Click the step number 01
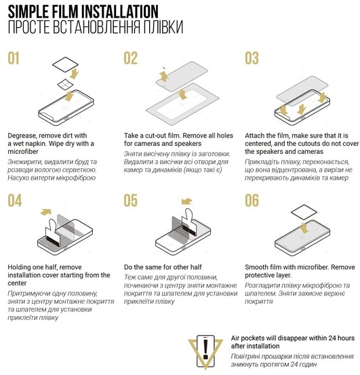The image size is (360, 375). pyautogui.click(x=14, y=58)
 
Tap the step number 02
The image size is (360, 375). pyautogui.click(x=131, y=58)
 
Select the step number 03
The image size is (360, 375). pyautogui.click(x=252, y=58)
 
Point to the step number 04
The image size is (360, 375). pyautogui.click(x=15, y=201)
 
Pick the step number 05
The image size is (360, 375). pyautogui.click(x=131, y=201)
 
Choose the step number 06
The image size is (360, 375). pyautogui.click(x=252, y=201)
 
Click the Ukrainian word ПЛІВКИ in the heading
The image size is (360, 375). pyautogui.click(x=163, y=27)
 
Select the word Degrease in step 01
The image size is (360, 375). pyautogui.click(x=22, y=136)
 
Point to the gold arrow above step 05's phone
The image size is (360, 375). pyautogui.click(x=186, y=201)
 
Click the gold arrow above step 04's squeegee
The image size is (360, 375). pyautogui.click(x=46, y=212)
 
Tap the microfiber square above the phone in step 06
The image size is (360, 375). pyautogui.click(x=304, y=212)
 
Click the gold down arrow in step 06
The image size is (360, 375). pyautogui.click(x=304, y=228)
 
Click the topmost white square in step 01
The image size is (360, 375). pyautogui.click(x=65, y=64)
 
